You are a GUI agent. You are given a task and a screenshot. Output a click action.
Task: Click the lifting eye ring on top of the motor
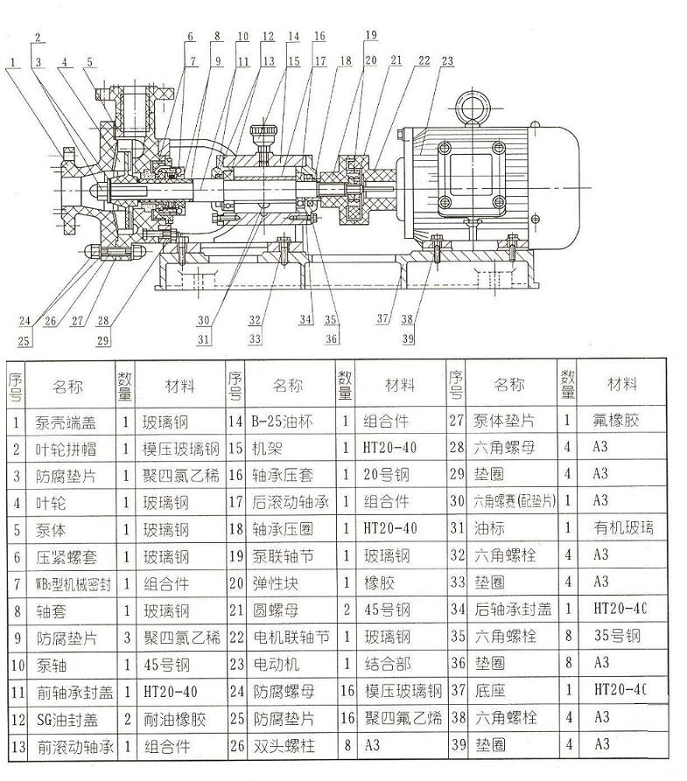click(x=474, y=109)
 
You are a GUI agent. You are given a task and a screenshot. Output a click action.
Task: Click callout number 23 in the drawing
click(x=447, y=61)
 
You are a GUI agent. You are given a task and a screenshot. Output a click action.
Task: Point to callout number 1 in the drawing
click(x=16, y=61)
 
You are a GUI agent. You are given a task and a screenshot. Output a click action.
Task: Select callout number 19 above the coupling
click(x=371, y=35)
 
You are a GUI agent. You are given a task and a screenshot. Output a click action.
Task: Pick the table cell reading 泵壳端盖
click(x=66, y=421)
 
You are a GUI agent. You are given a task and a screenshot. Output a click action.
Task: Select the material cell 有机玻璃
click(x=625, y=528)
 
